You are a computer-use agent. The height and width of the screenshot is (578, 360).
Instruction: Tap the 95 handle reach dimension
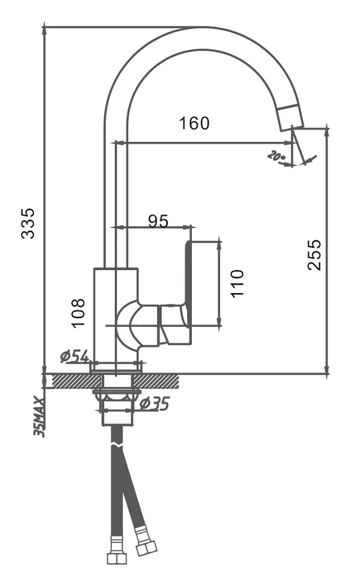pos(157,221)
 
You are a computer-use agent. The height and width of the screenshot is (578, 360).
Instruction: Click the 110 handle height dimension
pos(237,283)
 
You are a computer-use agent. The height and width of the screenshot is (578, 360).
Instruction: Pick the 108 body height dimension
pos(77,313)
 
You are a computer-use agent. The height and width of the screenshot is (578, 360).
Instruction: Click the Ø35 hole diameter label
pos(154,404)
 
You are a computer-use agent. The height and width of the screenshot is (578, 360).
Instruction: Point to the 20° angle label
pos(276,156)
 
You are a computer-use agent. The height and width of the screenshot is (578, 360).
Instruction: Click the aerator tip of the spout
pos(290,117)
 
